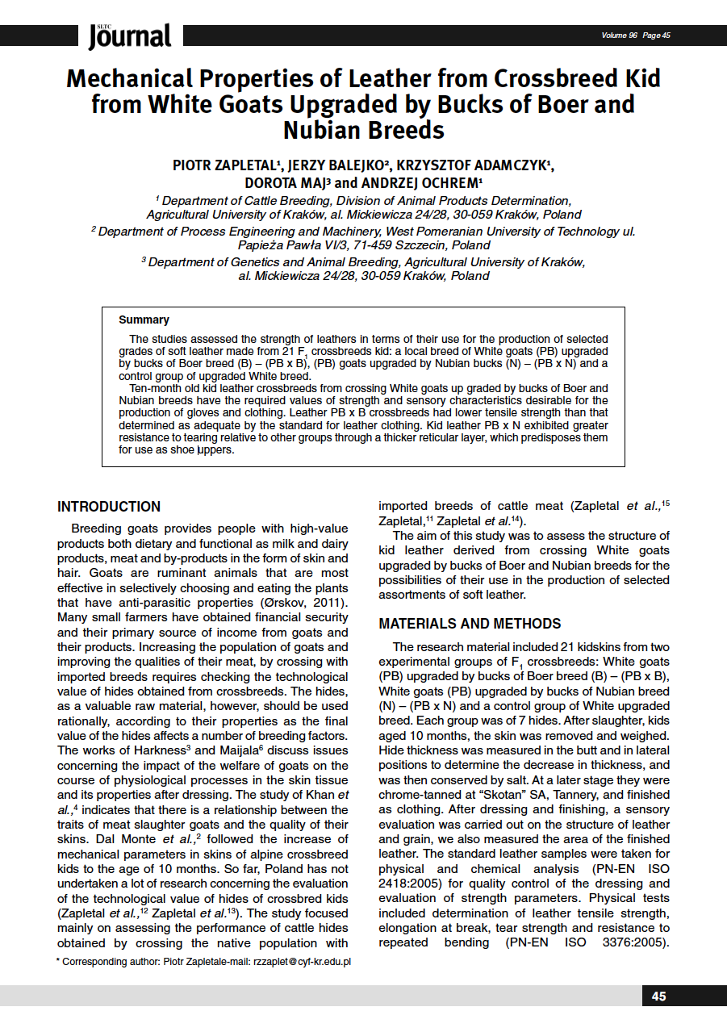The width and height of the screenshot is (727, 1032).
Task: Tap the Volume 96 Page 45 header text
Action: (636, 35)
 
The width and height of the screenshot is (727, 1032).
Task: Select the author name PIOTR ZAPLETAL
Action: (224, 165)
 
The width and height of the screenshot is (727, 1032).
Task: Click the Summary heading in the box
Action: (144, 320)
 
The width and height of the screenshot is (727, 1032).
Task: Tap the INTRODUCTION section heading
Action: (109, 507)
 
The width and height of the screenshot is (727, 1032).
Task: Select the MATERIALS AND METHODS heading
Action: (470, 624)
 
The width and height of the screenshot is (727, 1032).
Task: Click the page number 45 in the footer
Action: (659, 996)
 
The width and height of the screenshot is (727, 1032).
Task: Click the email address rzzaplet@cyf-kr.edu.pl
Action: (302, 962)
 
